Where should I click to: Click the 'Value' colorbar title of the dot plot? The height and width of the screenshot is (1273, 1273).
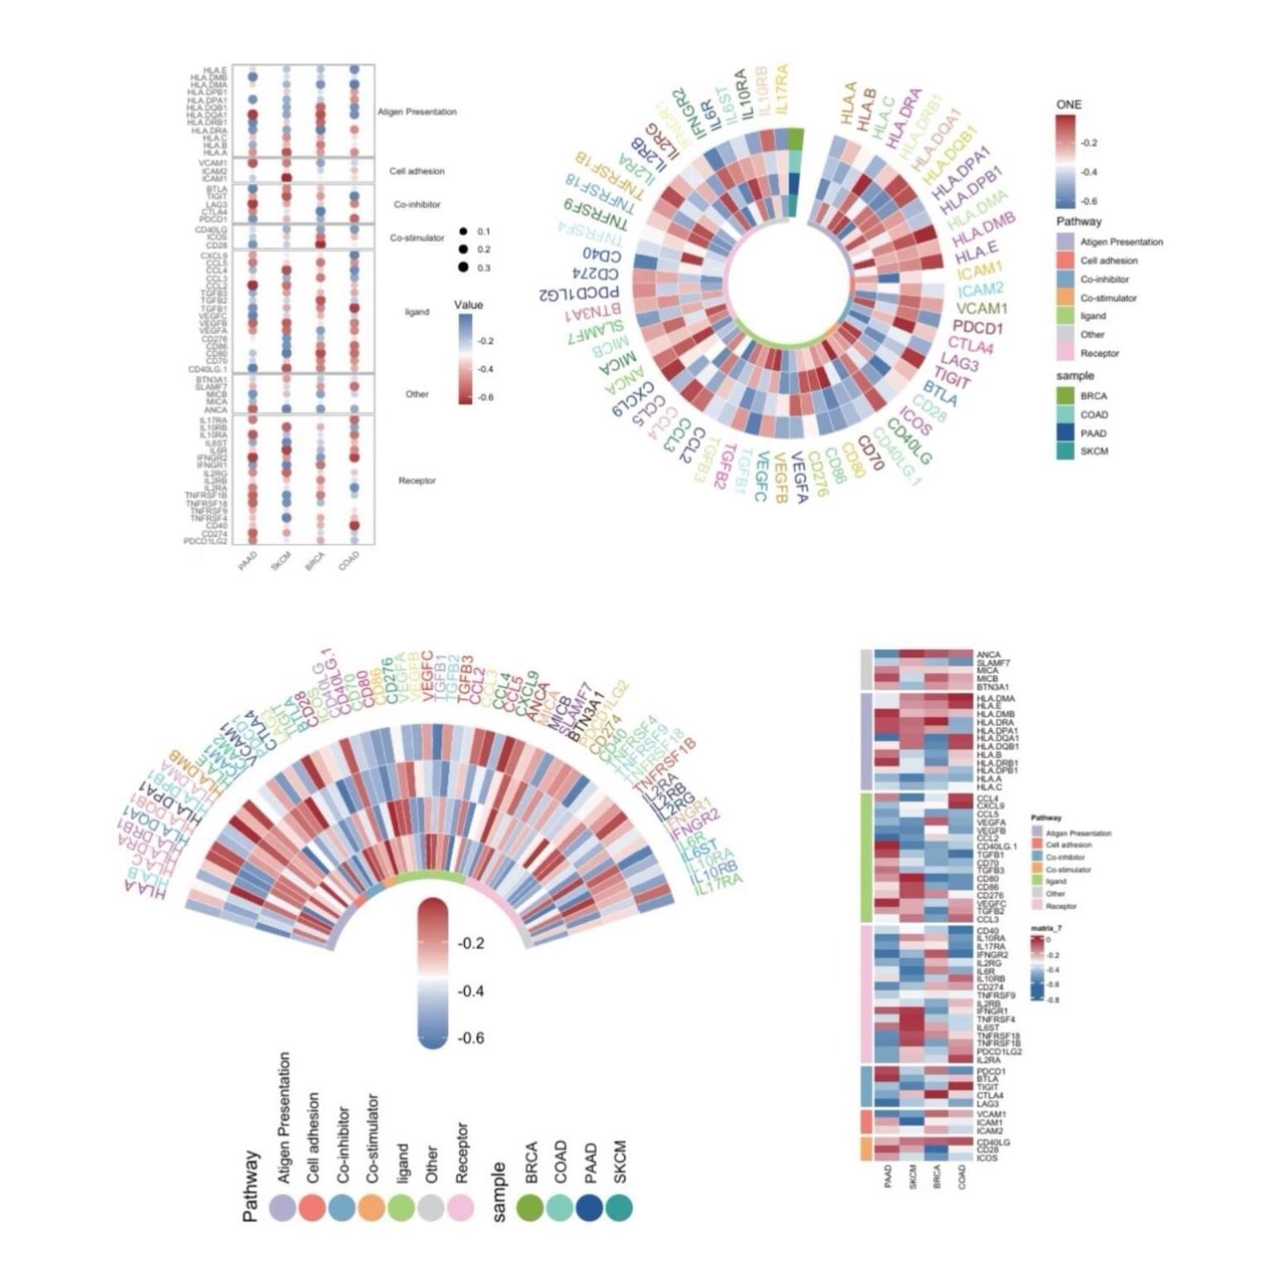pos(468,305)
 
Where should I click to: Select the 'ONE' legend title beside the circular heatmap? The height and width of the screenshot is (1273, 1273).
pos(1068,105)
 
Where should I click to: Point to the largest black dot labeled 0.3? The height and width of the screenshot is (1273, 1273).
pos(462,267)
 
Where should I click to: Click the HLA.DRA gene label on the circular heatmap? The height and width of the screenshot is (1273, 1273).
pos(904,108)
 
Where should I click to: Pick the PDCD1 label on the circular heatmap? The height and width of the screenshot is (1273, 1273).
pos(978,328)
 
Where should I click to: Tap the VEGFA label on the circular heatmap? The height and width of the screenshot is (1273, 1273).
pos(797,477)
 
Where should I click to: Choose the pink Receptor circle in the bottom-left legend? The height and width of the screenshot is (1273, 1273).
pos(461,1207)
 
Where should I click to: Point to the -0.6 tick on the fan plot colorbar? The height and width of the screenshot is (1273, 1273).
pos(471,1038)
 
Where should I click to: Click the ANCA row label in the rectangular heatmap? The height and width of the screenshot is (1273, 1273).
pos(987,655)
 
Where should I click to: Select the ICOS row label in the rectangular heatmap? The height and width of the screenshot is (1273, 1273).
pos(986,1158)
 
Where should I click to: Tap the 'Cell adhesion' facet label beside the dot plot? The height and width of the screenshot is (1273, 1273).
pos(417,171)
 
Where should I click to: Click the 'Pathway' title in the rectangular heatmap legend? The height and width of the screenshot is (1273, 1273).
pos(1046,818)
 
